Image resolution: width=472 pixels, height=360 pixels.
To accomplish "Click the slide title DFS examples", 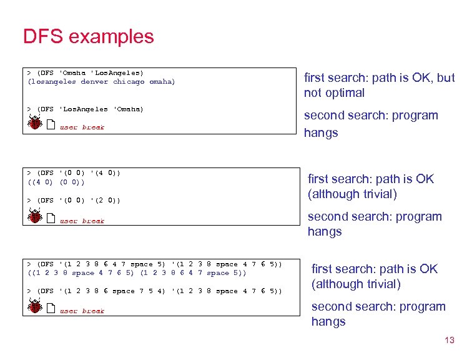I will click(88, 36).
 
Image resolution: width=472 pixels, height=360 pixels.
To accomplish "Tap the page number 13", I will click(448, 341).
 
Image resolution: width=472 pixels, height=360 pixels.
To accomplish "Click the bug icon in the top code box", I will click(35, 124).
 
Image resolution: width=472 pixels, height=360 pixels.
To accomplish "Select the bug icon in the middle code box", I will click(35, 217).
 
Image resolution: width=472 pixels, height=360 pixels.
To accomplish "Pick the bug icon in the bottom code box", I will click(35, 306).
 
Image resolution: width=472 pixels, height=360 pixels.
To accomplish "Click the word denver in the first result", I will click(94, 82).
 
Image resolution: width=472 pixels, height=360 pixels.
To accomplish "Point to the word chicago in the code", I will click(129, 82).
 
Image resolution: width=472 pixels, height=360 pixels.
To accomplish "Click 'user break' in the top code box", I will click(82, 127).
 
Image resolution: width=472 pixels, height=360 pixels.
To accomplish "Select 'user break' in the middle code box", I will click(82, 221).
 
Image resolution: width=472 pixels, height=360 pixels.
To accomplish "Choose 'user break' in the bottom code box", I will click(82, 311).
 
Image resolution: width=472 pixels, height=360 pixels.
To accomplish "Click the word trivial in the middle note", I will click(376, 194).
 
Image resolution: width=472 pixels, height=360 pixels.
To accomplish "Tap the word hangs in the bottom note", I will click(328, 322).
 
